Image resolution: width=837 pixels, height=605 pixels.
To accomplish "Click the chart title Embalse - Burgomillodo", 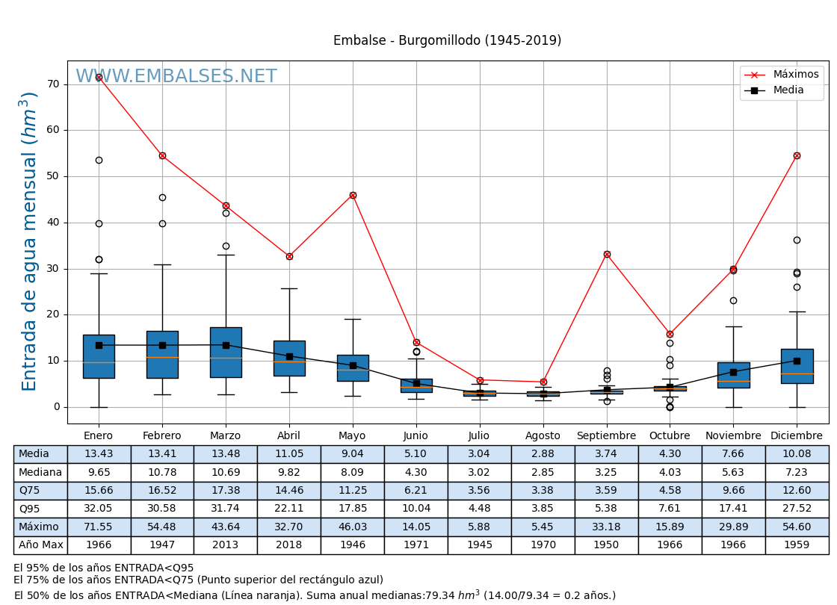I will (447, 41).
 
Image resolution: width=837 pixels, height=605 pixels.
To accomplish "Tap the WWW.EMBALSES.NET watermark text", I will (176, 77).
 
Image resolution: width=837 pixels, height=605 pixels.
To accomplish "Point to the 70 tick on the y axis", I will (53, 84).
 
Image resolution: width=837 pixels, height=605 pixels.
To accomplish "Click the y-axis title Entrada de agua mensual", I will (29, 241).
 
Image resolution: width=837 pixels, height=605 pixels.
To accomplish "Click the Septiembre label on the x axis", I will (606, 436).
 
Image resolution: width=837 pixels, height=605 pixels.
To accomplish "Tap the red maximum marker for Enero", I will (99, 77).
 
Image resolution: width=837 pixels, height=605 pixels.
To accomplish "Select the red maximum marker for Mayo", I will (353, 195).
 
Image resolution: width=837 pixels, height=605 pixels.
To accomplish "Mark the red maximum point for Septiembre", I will (607, 254).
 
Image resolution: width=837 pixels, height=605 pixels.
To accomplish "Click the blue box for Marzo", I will (226, 352).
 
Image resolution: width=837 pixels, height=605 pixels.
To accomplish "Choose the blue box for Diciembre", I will (797, 366).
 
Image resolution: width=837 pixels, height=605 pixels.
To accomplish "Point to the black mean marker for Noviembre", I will (733, 372).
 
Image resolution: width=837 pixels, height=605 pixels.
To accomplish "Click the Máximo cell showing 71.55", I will (99, 527).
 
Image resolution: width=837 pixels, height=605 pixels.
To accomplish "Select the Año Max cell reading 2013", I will (226, 545).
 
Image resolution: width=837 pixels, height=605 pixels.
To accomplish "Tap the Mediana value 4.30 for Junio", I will (416, 472).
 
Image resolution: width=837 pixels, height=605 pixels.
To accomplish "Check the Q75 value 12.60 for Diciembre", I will (797, 491).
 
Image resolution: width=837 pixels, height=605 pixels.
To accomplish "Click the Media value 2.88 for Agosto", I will (543, 454).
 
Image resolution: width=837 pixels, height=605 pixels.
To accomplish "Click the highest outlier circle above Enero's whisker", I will (99, 160).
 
